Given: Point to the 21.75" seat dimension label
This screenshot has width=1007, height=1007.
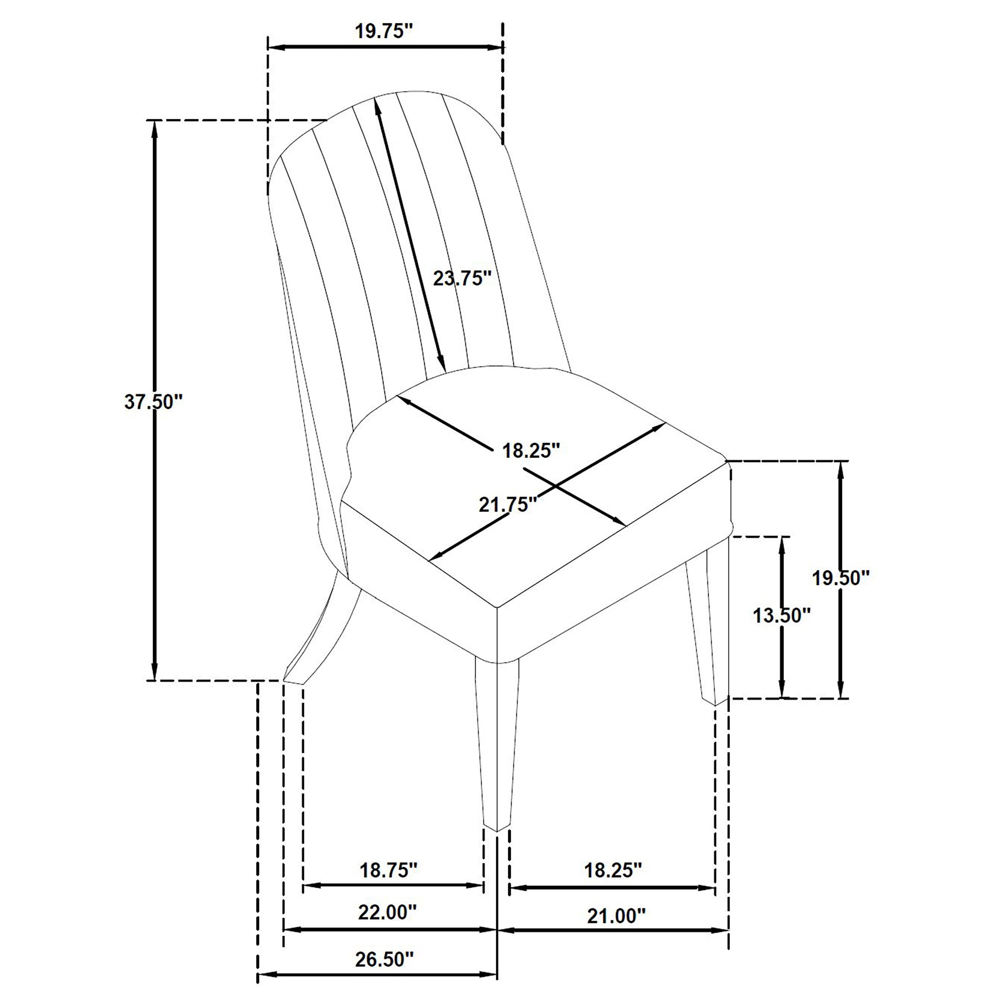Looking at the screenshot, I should point(508,505).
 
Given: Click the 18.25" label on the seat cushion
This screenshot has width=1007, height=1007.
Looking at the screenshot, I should point(530,451).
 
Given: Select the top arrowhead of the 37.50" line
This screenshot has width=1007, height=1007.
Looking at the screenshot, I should point(154,128).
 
